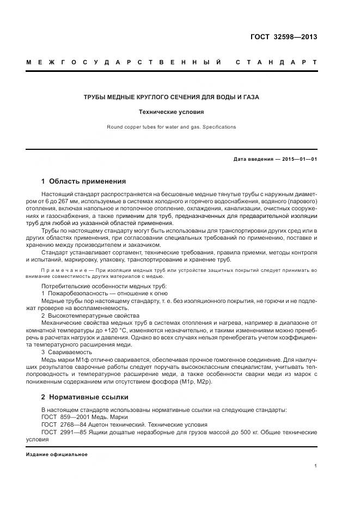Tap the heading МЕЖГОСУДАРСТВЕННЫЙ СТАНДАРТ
(172, 62)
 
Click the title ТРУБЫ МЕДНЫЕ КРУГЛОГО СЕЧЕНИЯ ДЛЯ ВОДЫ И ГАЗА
(171, 97)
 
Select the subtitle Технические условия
(171, 112)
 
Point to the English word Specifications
(218, 127)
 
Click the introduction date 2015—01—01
(298, 159)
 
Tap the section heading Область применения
(87, 181)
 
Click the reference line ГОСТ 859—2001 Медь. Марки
(84, 417)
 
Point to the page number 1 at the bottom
(316, 466)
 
